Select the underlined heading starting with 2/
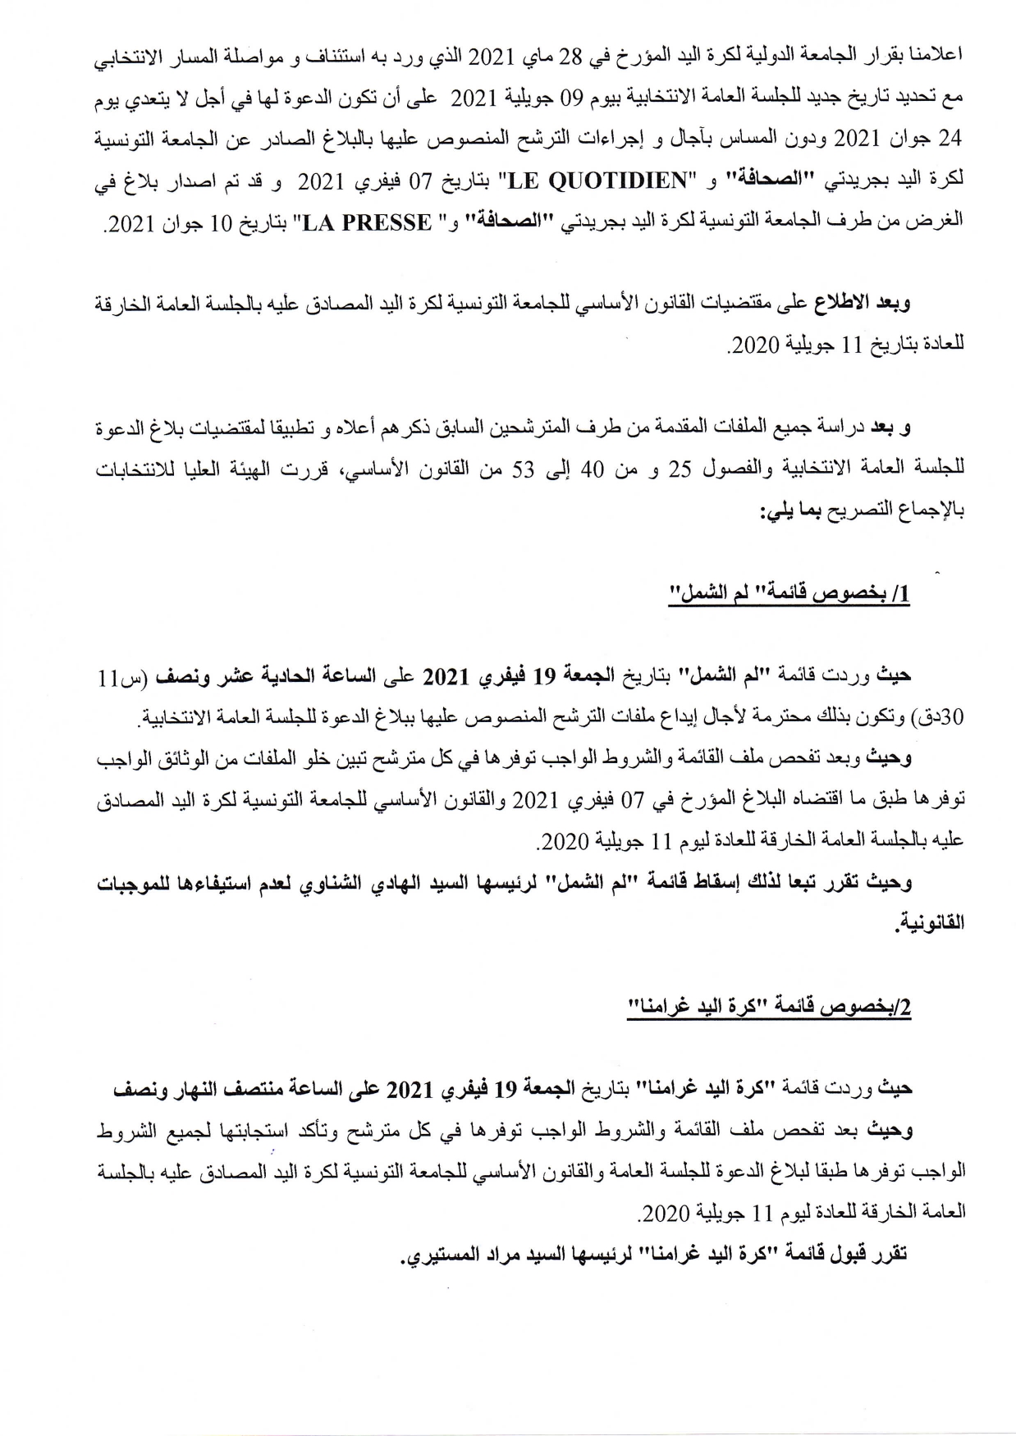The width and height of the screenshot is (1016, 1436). (770, 1008)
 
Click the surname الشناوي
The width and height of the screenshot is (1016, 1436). (332, 883)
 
